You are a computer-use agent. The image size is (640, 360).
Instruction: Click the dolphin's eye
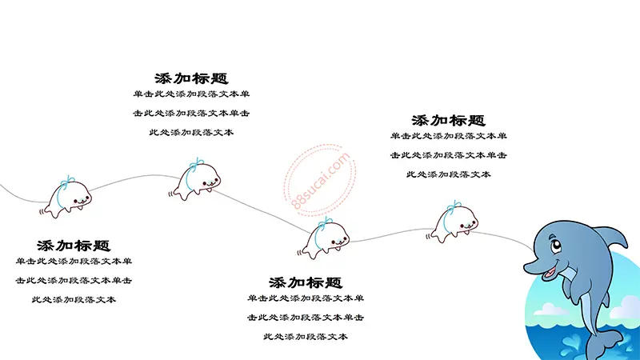pyautogui.click(x=555, y=246)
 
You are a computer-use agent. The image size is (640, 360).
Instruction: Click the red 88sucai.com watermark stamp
pyautogui.click(x=320, y=179)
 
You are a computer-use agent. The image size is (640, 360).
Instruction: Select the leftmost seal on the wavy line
pyautogui.click(x=66, y=198)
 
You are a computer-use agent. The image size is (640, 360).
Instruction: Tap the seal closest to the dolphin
pyautogui.click(x=452, y=222)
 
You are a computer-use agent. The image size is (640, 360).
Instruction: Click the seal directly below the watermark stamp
pyautogui.click(x=324, y=238)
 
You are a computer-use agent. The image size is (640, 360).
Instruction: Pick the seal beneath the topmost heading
pyautogui.click(x=194, y=179)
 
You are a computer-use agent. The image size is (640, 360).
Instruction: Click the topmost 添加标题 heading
pyautogui.click(x=191, y=78)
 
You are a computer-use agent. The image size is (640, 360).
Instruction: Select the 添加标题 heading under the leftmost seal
pyautogui.click(x=74, y=246)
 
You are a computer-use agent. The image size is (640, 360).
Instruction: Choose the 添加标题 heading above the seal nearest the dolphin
pyautogui.click(x=448, y=121)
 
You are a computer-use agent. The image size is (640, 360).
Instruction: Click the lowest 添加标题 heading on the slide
pyautogui.click(x=306, y=282)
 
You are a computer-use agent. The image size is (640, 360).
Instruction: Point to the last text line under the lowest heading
pyautogui.click(x=306, y=337)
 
